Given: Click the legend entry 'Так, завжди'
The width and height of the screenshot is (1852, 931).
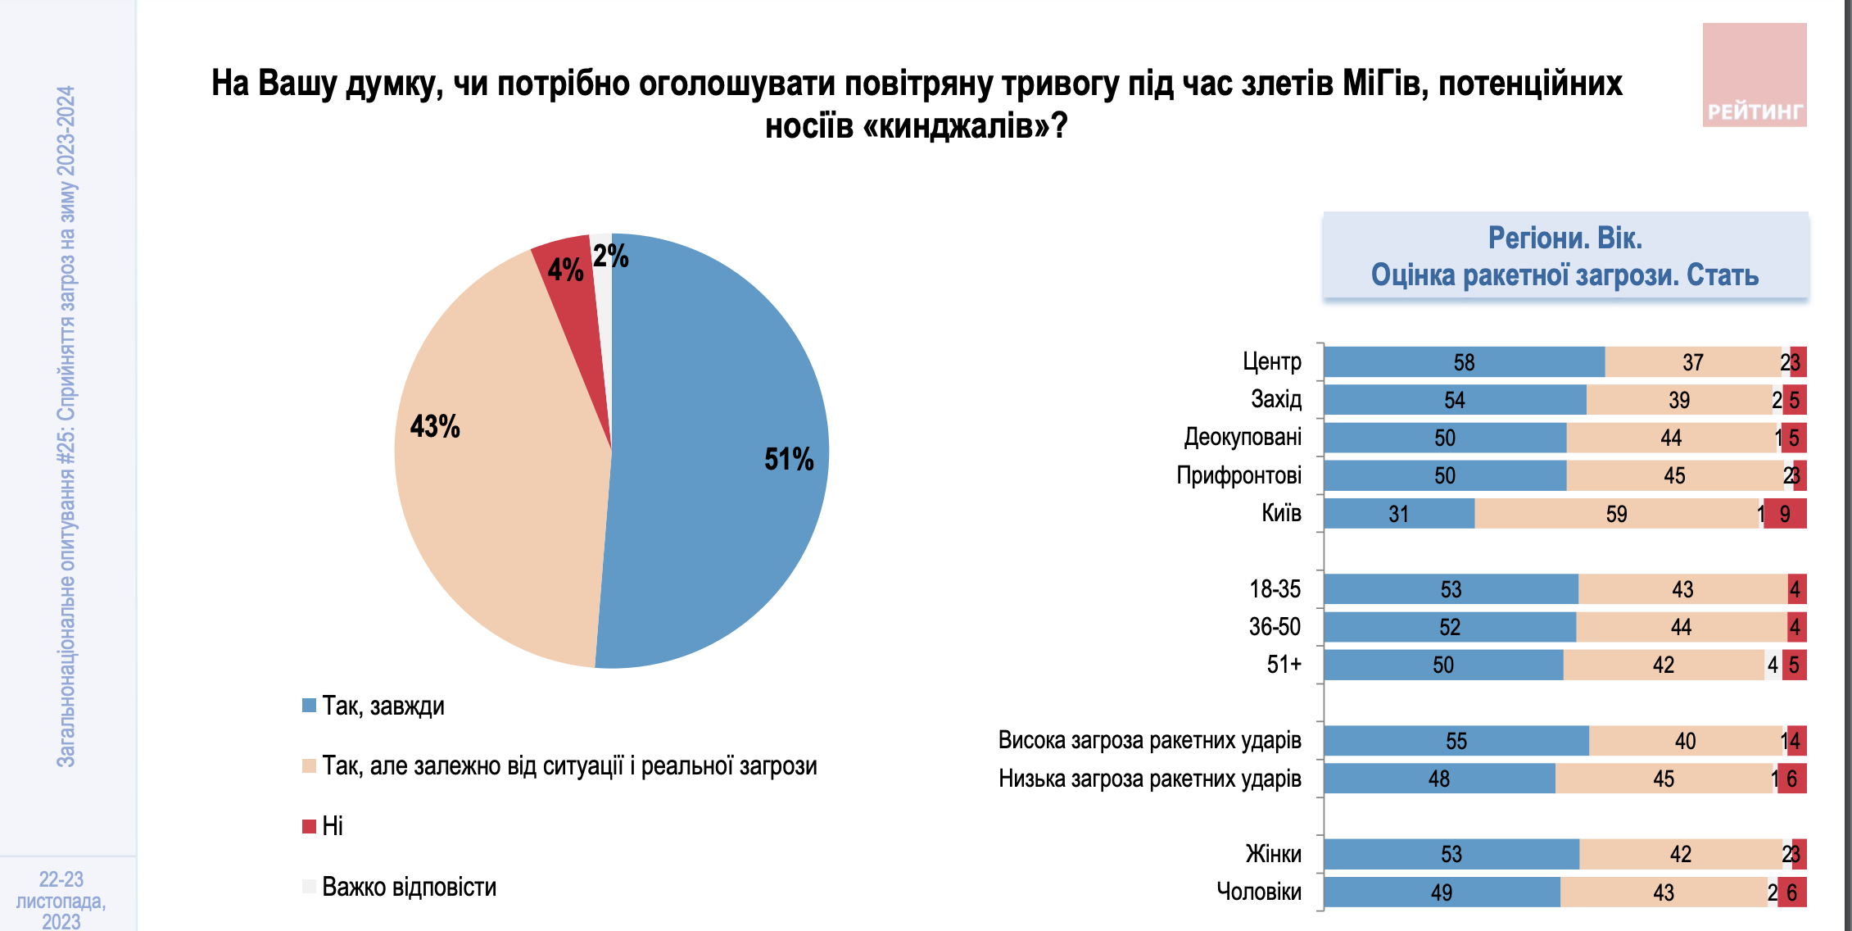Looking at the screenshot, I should [383, 706].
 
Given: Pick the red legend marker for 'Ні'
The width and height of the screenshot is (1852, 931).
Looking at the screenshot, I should [310, 826].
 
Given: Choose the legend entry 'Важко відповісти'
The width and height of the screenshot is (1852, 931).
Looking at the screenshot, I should [409, 887].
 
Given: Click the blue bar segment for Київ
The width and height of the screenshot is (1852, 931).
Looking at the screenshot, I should [1399, 514].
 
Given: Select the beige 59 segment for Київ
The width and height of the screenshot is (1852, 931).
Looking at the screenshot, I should [1616, 514].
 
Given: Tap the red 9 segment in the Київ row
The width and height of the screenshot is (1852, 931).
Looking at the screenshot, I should [1785, 514].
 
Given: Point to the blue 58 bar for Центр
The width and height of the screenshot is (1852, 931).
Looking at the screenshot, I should [1464, 362].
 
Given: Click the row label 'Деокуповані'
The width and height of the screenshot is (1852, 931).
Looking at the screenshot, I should [1243, 437].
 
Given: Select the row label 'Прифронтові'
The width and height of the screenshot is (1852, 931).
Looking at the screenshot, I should [1238, 475].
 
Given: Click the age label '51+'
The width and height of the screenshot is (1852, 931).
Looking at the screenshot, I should [1284, 664].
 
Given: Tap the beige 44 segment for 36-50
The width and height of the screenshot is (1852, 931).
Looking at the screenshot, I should [1681, 627].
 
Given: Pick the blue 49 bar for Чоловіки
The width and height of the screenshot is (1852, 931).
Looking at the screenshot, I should [1442, 892].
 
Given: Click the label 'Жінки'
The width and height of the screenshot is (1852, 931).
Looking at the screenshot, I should [1273, 854].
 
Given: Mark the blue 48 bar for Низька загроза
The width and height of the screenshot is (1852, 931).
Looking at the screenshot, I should [1439, 779].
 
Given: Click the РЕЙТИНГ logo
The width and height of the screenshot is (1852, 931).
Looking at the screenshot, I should [1755, 75].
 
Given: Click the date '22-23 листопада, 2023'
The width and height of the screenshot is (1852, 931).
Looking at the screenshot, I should [61, 900].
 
